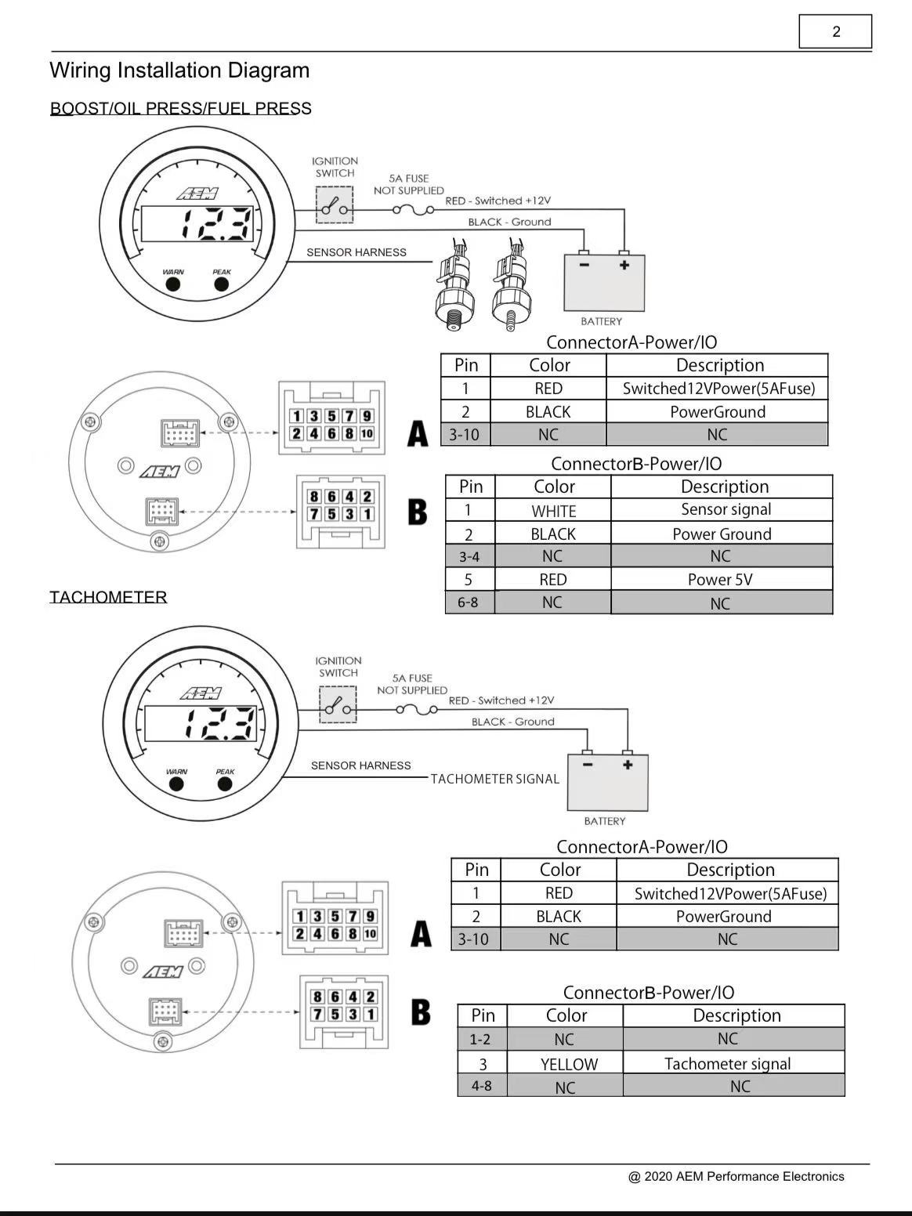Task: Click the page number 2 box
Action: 835,31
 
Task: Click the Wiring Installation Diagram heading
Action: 179,71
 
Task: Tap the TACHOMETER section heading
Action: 108,597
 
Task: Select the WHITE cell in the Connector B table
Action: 553,510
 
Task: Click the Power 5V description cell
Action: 721,580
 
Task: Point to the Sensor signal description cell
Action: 721,509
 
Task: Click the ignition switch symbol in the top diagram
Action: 335,204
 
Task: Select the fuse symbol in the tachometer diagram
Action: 417,709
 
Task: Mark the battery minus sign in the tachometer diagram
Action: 588,765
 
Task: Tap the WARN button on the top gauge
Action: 173,284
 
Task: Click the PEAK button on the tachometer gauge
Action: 225,784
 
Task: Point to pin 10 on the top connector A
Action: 367,433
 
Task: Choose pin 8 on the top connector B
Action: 314,497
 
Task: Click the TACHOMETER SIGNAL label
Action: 495,779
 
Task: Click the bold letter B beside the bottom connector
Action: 421,1012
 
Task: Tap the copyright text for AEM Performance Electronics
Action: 736,1176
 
